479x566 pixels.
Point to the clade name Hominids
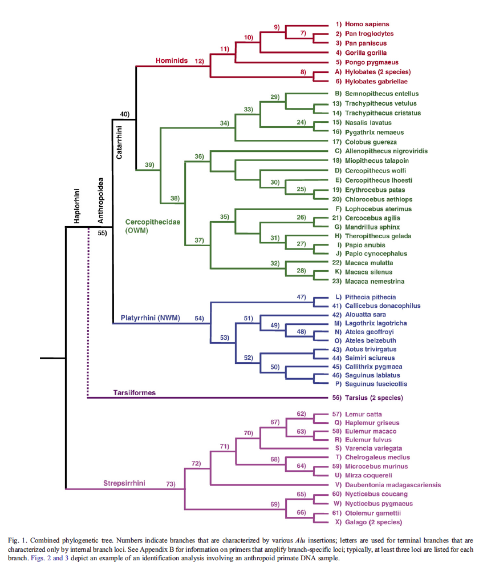(172, 60)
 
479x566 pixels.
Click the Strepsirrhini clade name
(124, 483)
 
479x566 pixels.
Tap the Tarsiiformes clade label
(135, 393)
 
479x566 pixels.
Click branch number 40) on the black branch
(125, 114)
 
